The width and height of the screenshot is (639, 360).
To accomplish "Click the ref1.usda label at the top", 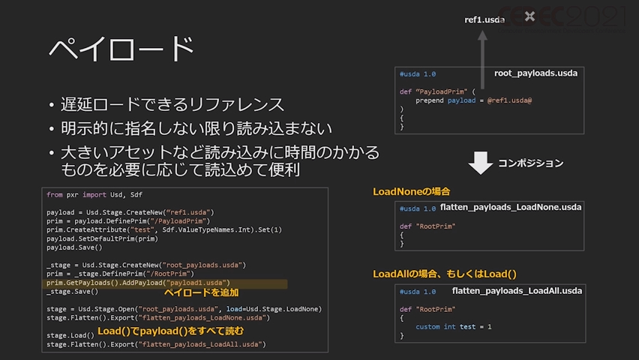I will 484,19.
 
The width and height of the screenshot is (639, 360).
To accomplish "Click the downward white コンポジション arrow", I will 480,162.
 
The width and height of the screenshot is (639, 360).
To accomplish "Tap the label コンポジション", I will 530,163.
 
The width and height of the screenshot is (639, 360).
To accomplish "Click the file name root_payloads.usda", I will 535,73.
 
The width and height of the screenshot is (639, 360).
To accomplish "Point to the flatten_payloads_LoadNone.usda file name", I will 510,206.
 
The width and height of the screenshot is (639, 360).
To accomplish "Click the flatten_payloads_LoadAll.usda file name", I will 517,290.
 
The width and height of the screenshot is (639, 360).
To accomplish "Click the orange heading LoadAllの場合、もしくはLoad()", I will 445,274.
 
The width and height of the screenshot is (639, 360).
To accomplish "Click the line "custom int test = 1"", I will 454,326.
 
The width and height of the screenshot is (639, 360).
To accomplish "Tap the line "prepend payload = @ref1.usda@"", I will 473,100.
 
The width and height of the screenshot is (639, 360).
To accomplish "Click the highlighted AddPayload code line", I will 138,283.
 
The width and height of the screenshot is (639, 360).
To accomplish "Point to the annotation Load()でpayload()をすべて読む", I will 170,330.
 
